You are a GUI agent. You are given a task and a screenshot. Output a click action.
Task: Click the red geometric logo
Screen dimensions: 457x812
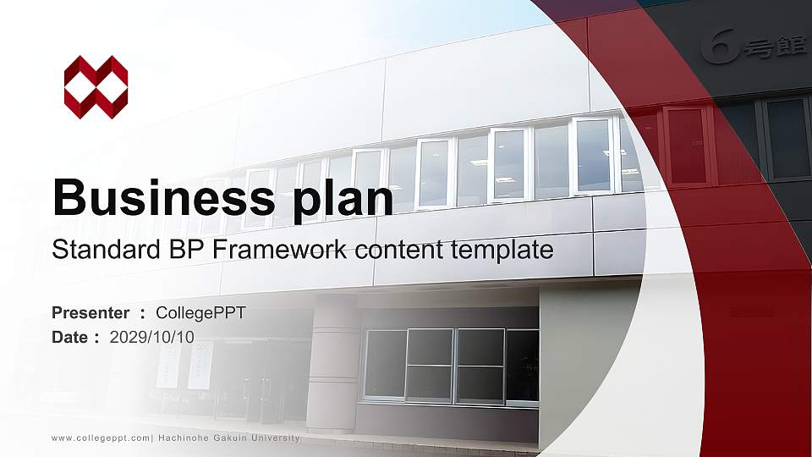96,87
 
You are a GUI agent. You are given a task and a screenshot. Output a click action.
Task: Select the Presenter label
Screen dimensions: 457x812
91,313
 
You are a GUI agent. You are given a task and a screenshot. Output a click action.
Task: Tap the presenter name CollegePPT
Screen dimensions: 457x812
201,313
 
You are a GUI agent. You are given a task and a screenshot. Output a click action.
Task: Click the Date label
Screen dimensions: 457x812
70,337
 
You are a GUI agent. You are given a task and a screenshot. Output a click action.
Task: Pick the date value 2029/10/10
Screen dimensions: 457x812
152,337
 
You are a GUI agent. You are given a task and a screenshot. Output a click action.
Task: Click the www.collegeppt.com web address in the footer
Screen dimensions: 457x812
101,438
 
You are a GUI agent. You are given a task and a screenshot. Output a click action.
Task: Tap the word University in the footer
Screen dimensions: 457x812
273,438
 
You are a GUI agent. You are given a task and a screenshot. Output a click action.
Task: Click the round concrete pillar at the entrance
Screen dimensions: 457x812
332,364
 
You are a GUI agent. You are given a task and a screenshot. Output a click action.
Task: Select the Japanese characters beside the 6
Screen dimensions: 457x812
775,47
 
